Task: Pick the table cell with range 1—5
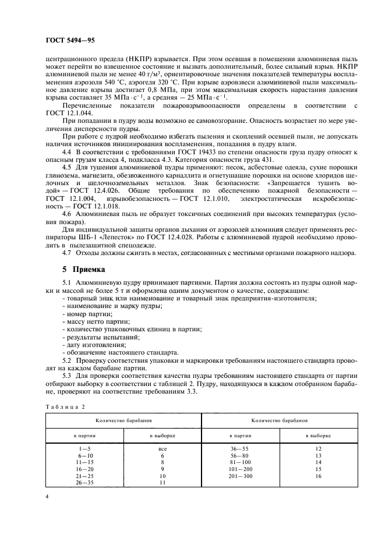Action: coord(84,450)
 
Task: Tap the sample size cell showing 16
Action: coord(317,476)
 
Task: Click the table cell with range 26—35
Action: coord(84,482)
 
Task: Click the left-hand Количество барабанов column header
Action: coord(123,420)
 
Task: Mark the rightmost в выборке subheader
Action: coord(317,435)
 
